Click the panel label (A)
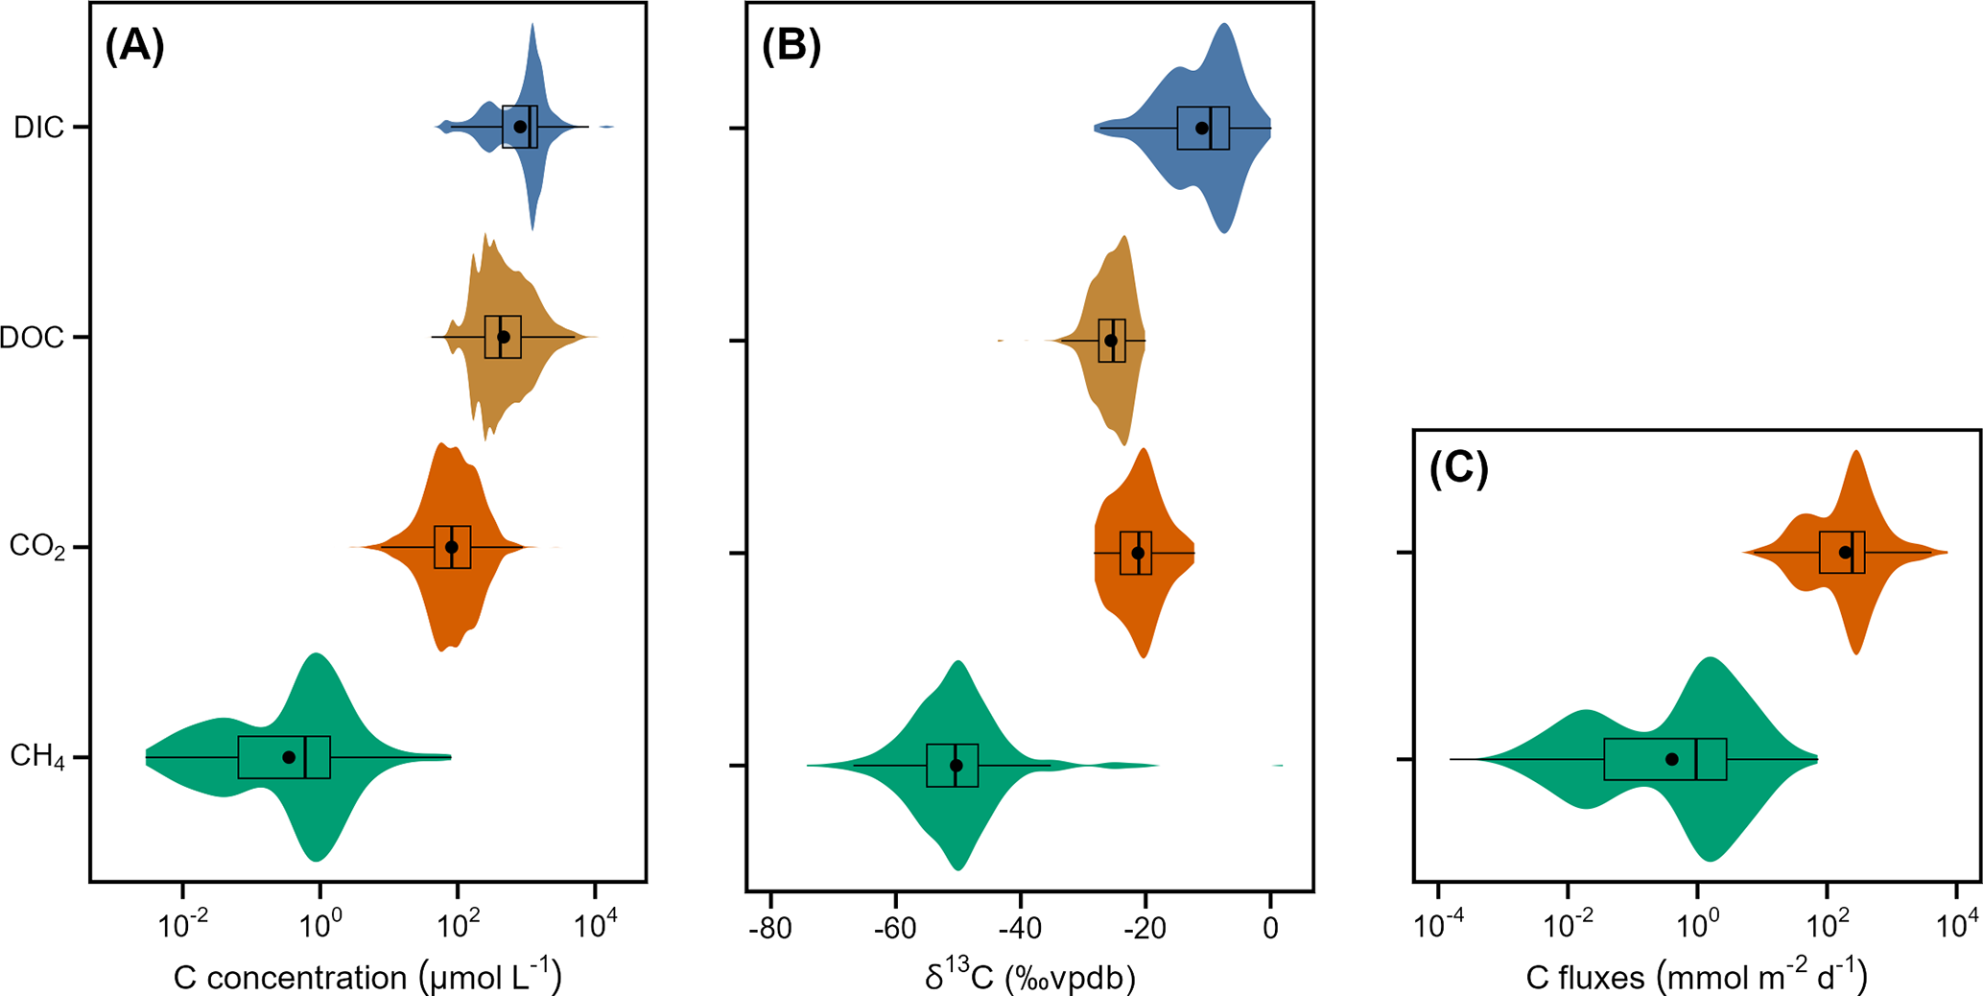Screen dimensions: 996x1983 (134, 46)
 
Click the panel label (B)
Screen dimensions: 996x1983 (791, 46)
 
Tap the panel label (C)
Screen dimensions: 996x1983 (1458, 469)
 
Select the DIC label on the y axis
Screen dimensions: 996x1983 (39, 128)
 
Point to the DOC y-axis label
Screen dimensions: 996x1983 (33, 338)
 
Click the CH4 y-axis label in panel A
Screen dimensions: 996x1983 (37, 757)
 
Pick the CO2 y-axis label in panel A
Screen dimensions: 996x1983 (37, 547)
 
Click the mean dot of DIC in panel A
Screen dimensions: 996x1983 (520, 127)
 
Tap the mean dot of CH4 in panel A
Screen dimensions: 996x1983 (289, 757)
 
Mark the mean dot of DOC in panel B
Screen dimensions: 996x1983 (1111, 341)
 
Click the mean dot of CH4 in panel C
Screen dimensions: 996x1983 (1672, 759)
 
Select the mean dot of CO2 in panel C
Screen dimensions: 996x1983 (1845, 553)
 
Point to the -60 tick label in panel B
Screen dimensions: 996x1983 (895, 929)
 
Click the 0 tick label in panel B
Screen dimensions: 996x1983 (1270, 929)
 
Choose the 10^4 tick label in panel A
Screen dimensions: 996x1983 (595, 927)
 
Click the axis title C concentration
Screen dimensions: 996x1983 (367, 977)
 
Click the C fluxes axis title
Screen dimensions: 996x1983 (1696, 977)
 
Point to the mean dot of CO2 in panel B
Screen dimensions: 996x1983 (1138, 553)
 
